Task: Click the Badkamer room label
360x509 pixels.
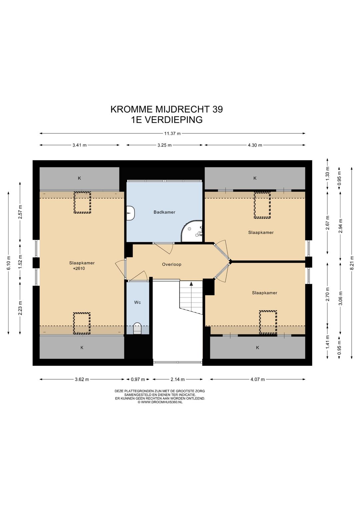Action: pos(164,212)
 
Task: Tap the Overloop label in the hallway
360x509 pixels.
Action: pos(172,265)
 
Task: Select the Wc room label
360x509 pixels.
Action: pos(137,303)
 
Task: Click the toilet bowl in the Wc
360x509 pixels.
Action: pos(137,328)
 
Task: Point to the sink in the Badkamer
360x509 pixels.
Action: pos(130,213)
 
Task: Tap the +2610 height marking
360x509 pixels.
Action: pos(79,269)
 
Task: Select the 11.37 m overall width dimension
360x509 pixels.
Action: pos(172,133)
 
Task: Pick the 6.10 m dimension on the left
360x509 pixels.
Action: pos(9,263)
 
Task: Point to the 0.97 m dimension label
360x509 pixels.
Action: pos(138,379)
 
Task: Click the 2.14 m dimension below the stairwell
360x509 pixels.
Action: pos(178,379)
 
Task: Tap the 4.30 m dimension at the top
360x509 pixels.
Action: pos(255,145)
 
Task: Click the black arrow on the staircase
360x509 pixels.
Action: pos(191,284)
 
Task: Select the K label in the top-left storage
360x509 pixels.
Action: pos(79,178)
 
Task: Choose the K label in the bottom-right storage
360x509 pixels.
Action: pos(257,348)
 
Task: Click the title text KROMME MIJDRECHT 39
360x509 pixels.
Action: pos(166,109)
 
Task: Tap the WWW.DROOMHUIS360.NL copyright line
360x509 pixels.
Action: pos(160,402)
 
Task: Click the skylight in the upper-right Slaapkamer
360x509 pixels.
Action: pos(262,205)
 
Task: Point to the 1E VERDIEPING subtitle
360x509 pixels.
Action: pos(167,120)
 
